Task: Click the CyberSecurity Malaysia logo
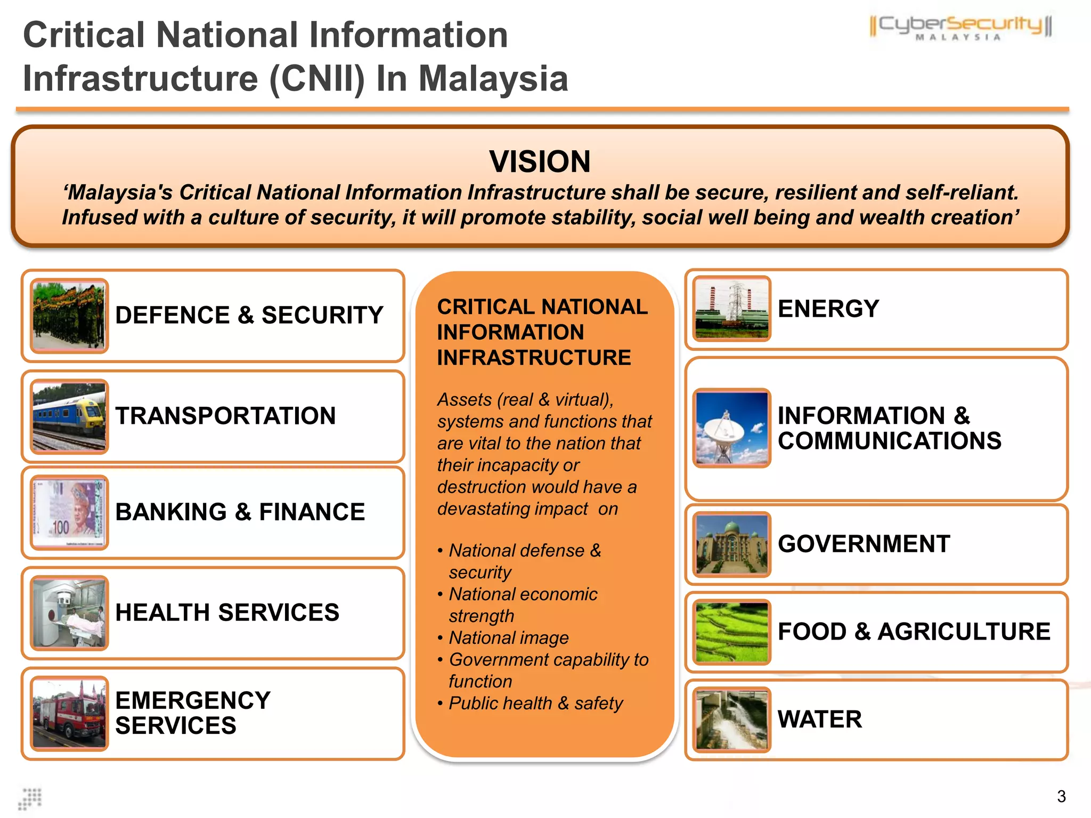tap(960, 28)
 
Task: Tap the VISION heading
tap(540, 161)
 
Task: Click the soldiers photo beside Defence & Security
tap(69, 316)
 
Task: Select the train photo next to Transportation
tap(69, 416)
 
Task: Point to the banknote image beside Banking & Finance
tap(69, 512)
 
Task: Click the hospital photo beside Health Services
tap(69, 613)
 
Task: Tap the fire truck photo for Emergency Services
tap(69, 714)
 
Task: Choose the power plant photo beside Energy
tap(731, 309)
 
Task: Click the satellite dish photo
tap(731, 428)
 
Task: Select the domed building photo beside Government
tap(731, 544)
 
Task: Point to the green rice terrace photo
tap(731, 632)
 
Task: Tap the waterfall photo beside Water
tap(731, 719)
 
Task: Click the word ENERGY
tap(828, 309)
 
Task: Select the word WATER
tap(819, 719)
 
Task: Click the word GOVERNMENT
tap(864, 544)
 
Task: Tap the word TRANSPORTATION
tap(225, 416)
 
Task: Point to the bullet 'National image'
tap(508, 637)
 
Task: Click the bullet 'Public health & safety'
tap(535, 703)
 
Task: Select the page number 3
tap(1061, 797)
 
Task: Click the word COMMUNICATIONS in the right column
tap(889, 441)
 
